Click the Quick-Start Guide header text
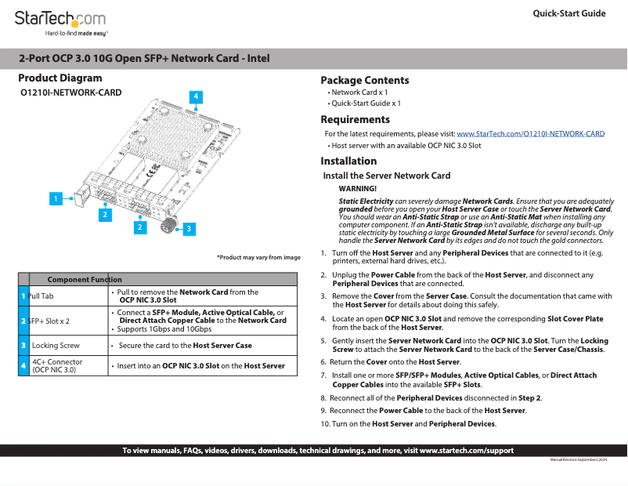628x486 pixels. click(x=568, y=13)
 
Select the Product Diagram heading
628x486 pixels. click(x=60, y=78)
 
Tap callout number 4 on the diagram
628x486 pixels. click(x=197, y=96)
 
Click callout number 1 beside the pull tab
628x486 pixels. click(x=56, y=199)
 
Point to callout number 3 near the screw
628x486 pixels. click(x=188, y=229)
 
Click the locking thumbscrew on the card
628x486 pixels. click(x=168, y=224)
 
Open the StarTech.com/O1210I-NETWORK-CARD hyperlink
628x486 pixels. click(x=530, y=134)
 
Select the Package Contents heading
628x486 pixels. click(x=365, y=80)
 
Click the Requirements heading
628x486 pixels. click(x=356, y=120)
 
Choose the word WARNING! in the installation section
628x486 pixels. click(x=357, y=189)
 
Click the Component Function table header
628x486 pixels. click(x=85, y=279)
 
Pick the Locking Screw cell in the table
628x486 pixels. click(x=56, y=345)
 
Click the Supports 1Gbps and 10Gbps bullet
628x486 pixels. click(x=161, y=328)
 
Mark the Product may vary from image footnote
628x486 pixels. click(x=258, y=258)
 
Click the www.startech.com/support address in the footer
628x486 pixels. click(x=467, y=451)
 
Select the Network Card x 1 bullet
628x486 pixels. click(x=359, y=92)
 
